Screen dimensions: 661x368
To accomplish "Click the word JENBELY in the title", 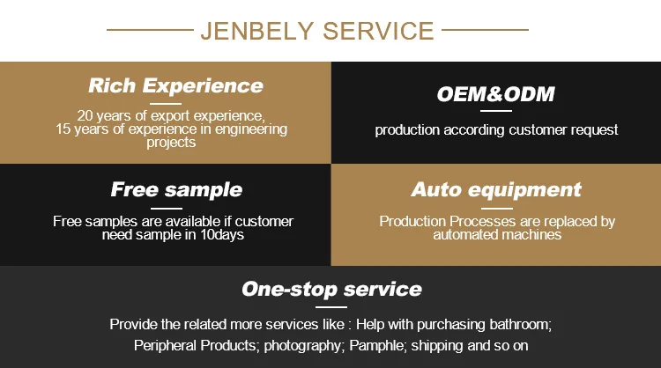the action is (256, 31).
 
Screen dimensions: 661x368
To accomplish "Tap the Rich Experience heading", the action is (175, 85).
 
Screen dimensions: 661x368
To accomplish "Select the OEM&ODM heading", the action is (495, 94).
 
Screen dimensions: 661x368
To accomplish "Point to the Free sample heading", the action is (176, 189).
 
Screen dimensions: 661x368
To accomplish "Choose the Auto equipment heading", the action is (496, 189).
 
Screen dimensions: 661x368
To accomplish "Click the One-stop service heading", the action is (331, 289).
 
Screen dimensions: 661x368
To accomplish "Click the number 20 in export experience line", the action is (85, 115).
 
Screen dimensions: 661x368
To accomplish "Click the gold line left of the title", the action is (150, 30).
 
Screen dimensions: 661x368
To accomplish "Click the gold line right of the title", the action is (484, 30).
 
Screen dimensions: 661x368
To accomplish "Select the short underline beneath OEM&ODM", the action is (495, 111).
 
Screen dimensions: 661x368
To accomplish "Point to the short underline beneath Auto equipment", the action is (496, 206).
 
